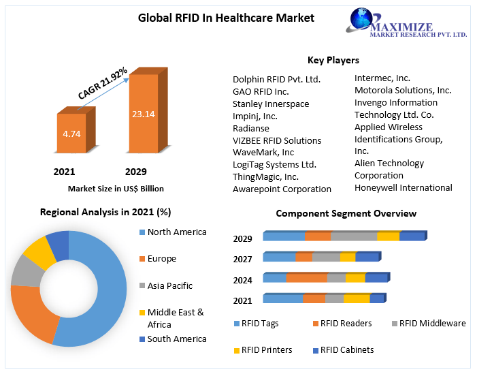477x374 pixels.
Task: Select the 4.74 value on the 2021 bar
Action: [x=71, y=134]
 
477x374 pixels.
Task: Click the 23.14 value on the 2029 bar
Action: [x=144, y=114]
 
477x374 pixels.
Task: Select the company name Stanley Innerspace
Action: [x=271, y=104]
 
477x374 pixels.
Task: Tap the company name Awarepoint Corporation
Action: [x=282, y=189]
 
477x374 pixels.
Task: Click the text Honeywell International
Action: [x=404, y=187]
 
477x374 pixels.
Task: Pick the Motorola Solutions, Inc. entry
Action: [x=403, y=90]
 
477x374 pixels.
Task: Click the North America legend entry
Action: [x=176, y=232]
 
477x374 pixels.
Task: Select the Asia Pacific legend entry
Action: [x=169, y=285]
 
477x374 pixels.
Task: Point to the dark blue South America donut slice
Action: [x=59, y=244]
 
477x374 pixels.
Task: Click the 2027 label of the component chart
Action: [x=242, y=260]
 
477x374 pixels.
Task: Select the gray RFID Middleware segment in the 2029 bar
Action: [x=353, y=236]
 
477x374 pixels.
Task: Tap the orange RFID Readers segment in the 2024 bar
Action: [x=306, y=278]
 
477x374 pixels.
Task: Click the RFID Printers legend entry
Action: [x=267, y=350]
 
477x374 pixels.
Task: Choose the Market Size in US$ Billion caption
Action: [x=116, y=189]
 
